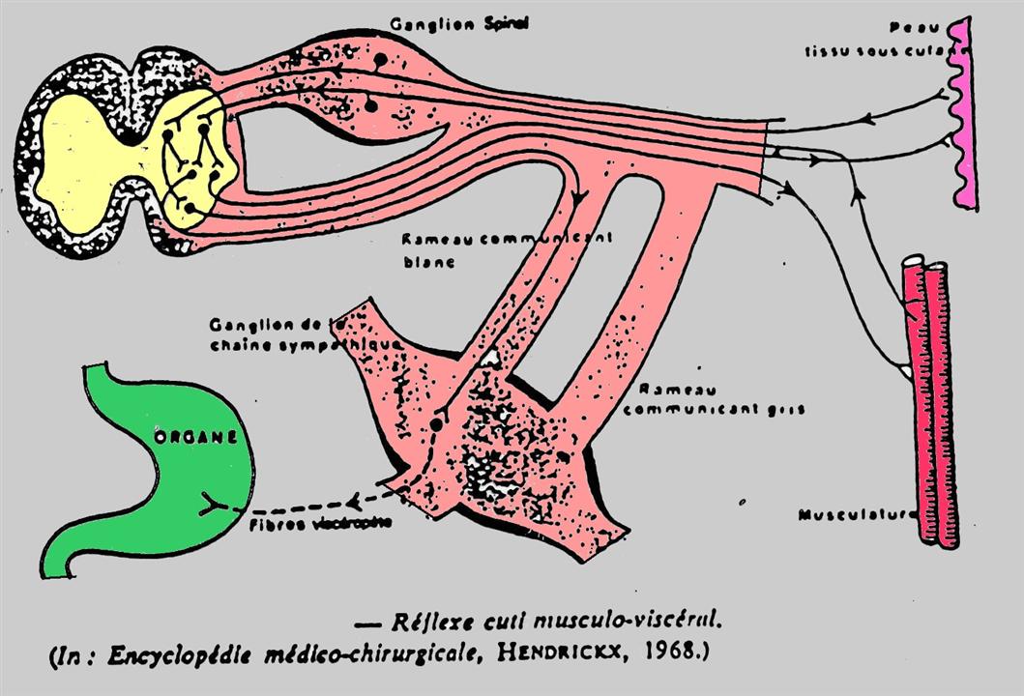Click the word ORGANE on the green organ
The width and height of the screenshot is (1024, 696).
tap(195, 437)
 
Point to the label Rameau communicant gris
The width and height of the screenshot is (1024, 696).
tap(715, 399)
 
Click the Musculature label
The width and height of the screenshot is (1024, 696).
tap(857, 515)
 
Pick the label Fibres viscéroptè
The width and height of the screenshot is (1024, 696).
tap(321, 524)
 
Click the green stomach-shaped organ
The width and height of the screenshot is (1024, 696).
tap(164, 483)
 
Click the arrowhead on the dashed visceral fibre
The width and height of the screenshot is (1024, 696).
tap(355, 501)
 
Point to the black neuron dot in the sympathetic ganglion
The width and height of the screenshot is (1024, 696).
tap(436, 423)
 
